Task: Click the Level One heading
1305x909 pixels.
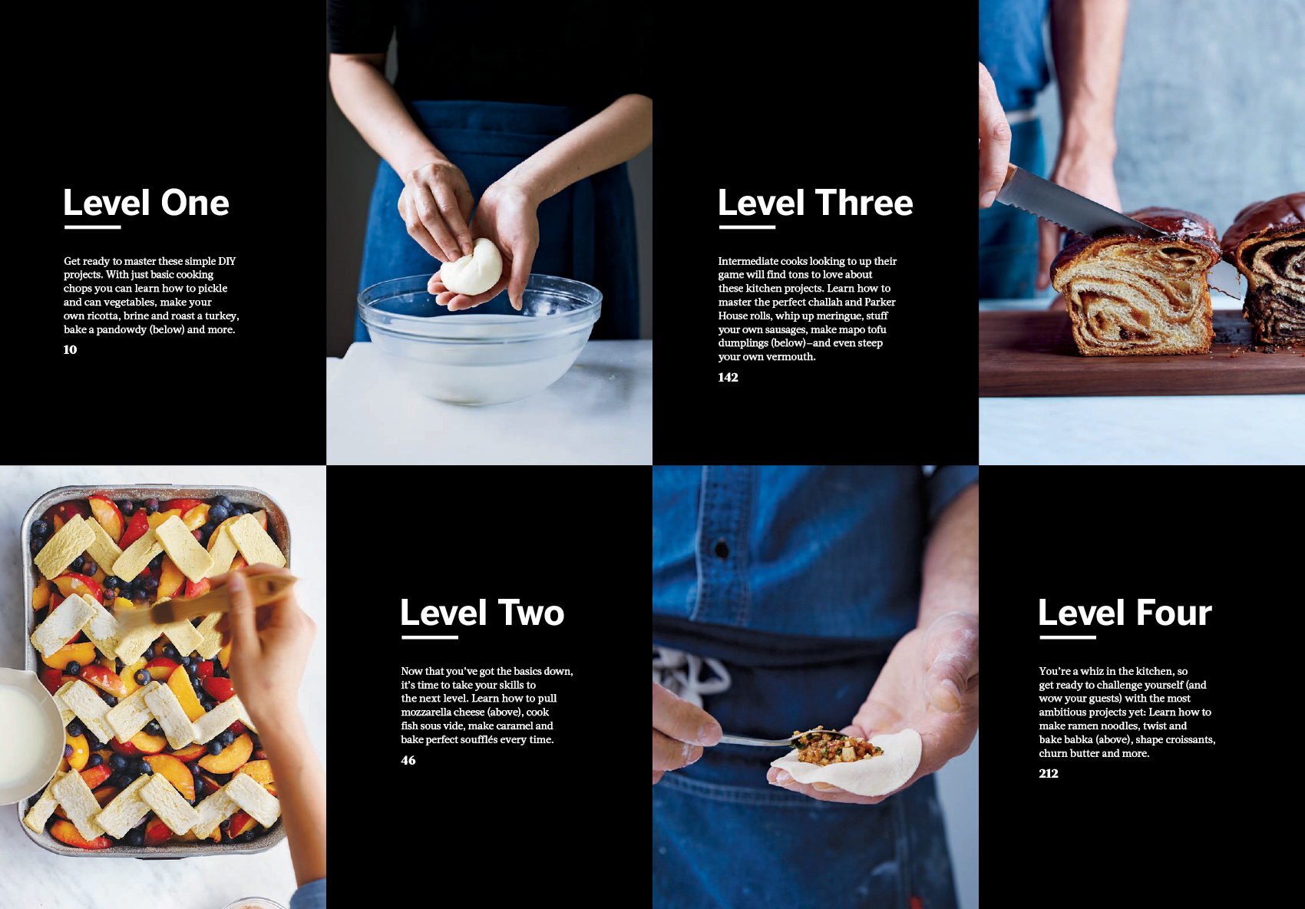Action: (x=146, y=202)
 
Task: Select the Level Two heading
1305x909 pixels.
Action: (x=482, y=613)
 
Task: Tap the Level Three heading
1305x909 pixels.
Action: (x=815, y=202)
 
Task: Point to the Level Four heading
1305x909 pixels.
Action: (x=1125, y=613)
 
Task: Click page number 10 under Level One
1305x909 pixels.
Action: (x=70, y=349)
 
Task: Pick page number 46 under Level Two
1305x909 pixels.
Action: (x=408, y=760)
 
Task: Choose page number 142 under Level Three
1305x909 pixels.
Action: (x=728, y=377)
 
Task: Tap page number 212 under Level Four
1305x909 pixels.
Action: (x=1048, y=773)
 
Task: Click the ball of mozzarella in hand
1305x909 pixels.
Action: (x=471, y=267)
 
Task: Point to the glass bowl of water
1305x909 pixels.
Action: (x=480, y=338)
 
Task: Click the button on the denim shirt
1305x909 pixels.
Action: (x=722, y=550)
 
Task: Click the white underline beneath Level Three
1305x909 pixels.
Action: (x=747, y=227)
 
